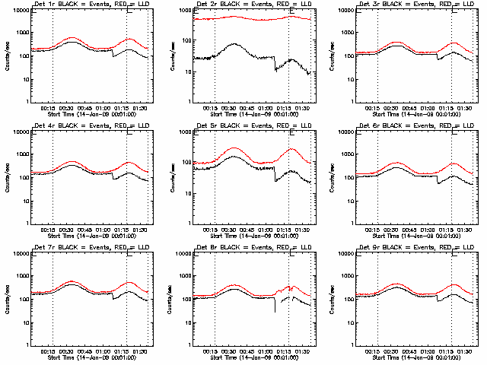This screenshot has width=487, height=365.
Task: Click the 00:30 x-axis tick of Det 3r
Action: tap(392, 108)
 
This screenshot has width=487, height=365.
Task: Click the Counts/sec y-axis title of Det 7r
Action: tap(7, 299)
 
